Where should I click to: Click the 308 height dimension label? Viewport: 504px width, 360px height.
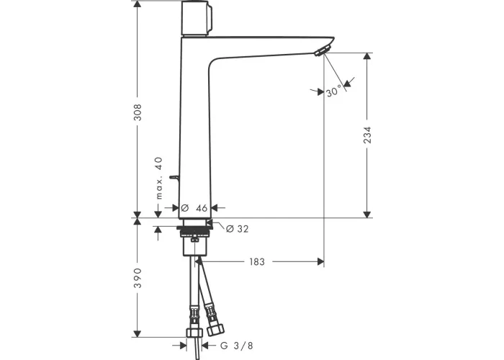(x=138, y=112)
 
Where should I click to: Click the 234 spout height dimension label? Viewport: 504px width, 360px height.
(x=367, y=135)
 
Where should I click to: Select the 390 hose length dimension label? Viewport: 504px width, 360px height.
(x=138, y=278)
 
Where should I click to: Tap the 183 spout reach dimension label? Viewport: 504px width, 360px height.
(x=257, y=262)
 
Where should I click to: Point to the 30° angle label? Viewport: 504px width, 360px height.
(x=333, y=91)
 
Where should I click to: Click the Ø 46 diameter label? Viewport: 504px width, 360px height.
(x=194, y=208)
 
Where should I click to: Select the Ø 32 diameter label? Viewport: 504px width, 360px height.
(x=237, y=229)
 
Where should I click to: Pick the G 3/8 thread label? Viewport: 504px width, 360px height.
(x=237, y=346)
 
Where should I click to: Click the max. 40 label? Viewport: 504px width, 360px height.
(x=159, y=178)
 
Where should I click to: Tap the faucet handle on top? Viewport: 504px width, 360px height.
(x=197, y=18)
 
